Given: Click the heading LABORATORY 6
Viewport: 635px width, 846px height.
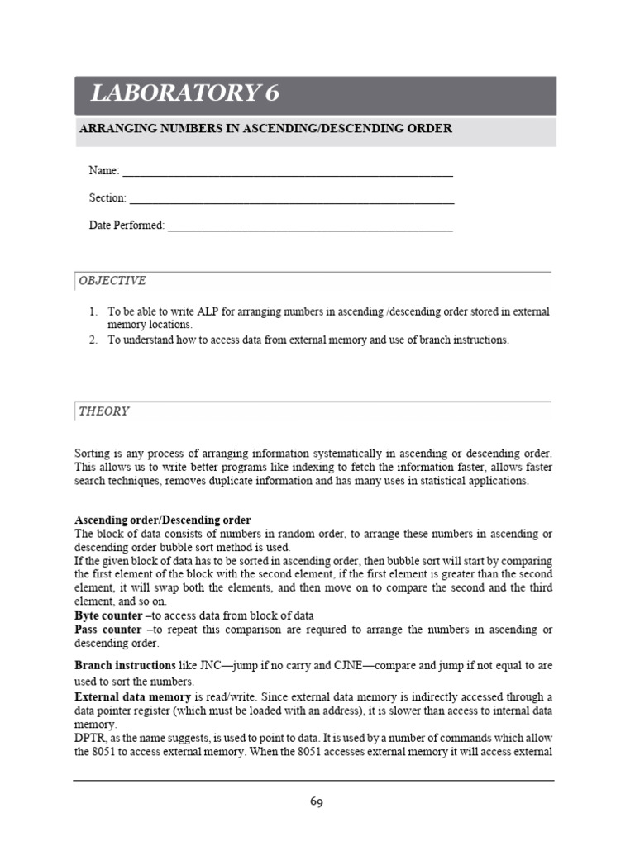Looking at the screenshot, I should (x=184, y=94).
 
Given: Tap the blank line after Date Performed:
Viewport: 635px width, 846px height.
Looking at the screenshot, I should (x=310, y=226).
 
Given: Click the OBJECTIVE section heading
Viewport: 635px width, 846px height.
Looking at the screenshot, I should (x=112, y=281).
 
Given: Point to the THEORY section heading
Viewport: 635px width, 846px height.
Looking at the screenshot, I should (x=104, y=411).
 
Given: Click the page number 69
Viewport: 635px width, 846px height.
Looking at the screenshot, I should (x=317, y=801).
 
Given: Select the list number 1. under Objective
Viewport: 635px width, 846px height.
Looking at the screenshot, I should (x=93, y=312).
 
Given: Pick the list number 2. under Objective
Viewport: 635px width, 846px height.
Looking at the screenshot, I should (x=93, y=340).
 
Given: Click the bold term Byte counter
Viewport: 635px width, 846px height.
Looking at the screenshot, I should (x=108, y=616).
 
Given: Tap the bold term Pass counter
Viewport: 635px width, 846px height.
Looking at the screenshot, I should (x=108, y=630).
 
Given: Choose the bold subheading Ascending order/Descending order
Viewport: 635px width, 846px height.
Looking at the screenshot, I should (x=163, y=520).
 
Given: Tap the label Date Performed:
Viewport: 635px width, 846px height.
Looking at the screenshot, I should (x=127, y=226).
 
